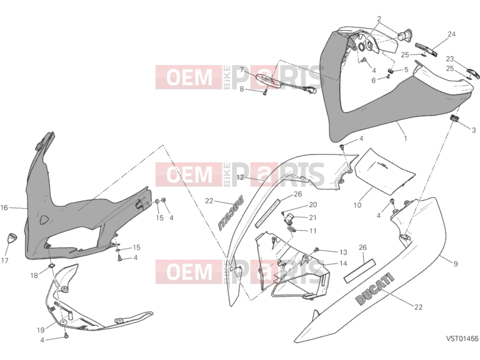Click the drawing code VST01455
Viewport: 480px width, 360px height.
(x=462, y=339)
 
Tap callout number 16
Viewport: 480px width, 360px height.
(x=4, y=208)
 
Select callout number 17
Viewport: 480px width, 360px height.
(x=5, y=260)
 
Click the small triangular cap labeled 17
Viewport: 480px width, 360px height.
(x=12, y=238)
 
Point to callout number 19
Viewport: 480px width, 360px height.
(x=41, y=330)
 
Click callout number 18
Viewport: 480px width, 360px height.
(x=34, y=275)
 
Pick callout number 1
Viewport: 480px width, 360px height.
(x=405, y=138)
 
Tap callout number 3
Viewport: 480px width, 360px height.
(x=473, y=130)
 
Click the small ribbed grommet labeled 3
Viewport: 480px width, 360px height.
(x=454, y=118)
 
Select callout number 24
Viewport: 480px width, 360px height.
(x=451, y=34)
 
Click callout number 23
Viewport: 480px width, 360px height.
(x=450, y=58)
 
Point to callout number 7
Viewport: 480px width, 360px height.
(x=242, y=70)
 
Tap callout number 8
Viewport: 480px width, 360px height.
(x=242, y=89)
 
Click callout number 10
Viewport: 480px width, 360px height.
(x=357, y=205)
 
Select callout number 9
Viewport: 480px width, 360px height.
(x=456, y=263)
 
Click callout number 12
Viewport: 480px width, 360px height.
(x=241, y=177)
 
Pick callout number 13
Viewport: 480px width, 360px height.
(x=343, y=252)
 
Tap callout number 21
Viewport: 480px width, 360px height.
(x=312, y=218)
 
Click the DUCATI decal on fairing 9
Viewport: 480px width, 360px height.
(x=374, y=289)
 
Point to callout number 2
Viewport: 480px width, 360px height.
(x=379, y=19)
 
